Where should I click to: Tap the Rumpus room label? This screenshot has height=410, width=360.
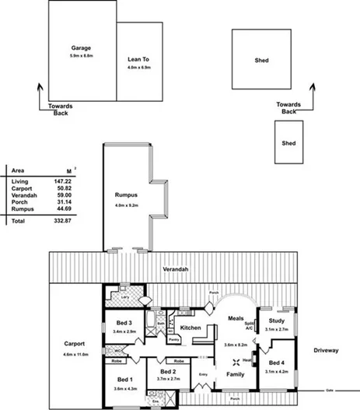pos(126,195)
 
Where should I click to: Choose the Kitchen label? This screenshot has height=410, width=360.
pos(191,328)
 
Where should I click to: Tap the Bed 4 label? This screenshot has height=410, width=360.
pos(276,363)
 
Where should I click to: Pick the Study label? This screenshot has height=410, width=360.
pos(276,321)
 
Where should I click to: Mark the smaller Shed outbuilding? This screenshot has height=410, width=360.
pos(288,143)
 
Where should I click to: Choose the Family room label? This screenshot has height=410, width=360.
pos(235,375)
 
